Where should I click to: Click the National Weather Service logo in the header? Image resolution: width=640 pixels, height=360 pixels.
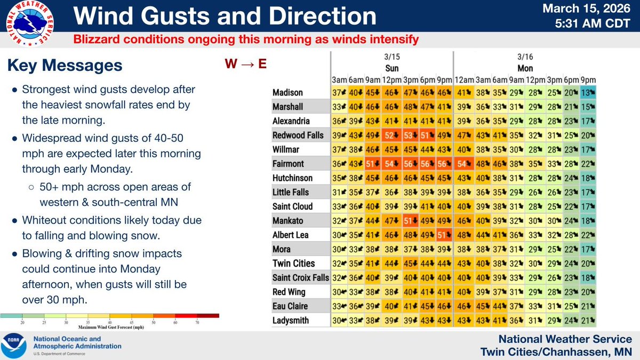pos(31,25)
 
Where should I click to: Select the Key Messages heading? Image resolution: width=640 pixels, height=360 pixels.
pos(65,66)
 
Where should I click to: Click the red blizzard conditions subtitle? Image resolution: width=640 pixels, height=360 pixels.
pos(245,39)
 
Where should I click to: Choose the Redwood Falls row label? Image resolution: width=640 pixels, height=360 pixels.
pos(298,135)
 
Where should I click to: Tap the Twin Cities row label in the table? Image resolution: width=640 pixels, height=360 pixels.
pos(293,263)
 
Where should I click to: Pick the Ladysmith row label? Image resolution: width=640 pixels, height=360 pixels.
pos(291,319)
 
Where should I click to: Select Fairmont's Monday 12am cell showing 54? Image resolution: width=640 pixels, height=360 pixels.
pos(462,164)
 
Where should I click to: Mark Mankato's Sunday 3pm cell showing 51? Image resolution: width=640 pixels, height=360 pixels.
pos(410,220)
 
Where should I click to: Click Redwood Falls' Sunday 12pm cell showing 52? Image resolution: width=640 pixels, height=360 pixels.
pos(393,135)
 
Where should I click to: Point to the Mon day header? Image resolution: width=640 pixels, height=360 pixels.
pos(525,68)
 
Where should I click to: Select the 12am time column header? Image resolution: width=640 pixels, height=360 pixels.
pos(462,79)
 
